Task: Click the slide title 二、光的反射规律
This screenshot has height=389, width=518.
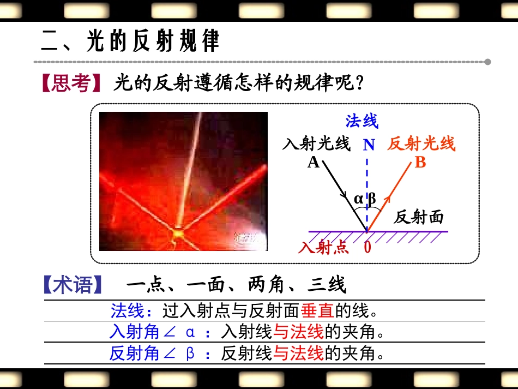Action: pyautogui.click(x=131, y=41)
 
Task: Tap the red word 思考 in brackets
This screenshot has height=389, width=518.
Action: pyautogui.click(x=71, y=84)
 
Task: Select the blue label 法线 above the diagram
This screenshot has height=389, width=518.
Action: pyautogui.click(x=362, y=121)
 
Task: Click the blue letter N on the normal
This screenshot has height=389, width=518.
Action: pyautogui.click(x=369, y=145)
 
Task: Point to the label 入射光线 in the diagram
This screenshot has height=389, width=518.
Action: pyautogui.click(x=316, y=144)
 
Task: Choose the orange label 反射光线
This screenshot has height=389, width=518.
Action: pyautogui.click(x=421, y=144)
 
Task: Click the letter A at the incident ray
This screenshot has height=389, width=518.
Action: pyautogui.click(x=313, y=162)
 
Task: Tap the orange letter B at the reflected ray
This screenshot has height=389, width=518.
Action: pyautogui.click(x=420, y=162)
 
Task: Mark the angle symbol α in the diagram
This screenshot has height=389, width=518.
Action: pyautogui.click(x=358, y=199)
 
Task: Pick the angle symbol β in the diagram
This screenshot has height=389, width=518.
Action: pyautogui.click(x=372, y=199)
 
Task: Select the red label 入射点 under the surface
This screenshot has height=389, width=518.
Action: pyautogui.click(x=323, y=248)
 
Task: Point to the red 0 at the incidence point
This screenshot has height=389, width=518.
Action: pyautogui.click(x=368, y=248)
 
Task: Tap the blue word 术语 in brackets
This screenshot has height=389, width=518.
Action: pyautogui.click(x=74, y=285)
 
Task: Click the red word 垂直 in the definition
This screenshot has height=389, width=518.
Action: pyautogui.click(x=317, y=311)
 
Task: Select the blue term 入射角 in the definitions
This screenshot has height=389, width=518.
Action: pyautogui.click(x=134, y=332)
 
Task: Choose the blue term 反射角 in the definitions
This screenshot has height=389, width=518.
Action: pyautogui.click(x=134, y=354)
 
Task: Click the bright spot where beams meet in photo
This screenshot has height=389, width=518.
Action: pyautogui.click(x=178, y=234)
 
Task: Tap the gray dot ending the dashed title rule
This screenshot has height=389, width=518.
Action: pyautogui.click(x=487, y=62)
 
